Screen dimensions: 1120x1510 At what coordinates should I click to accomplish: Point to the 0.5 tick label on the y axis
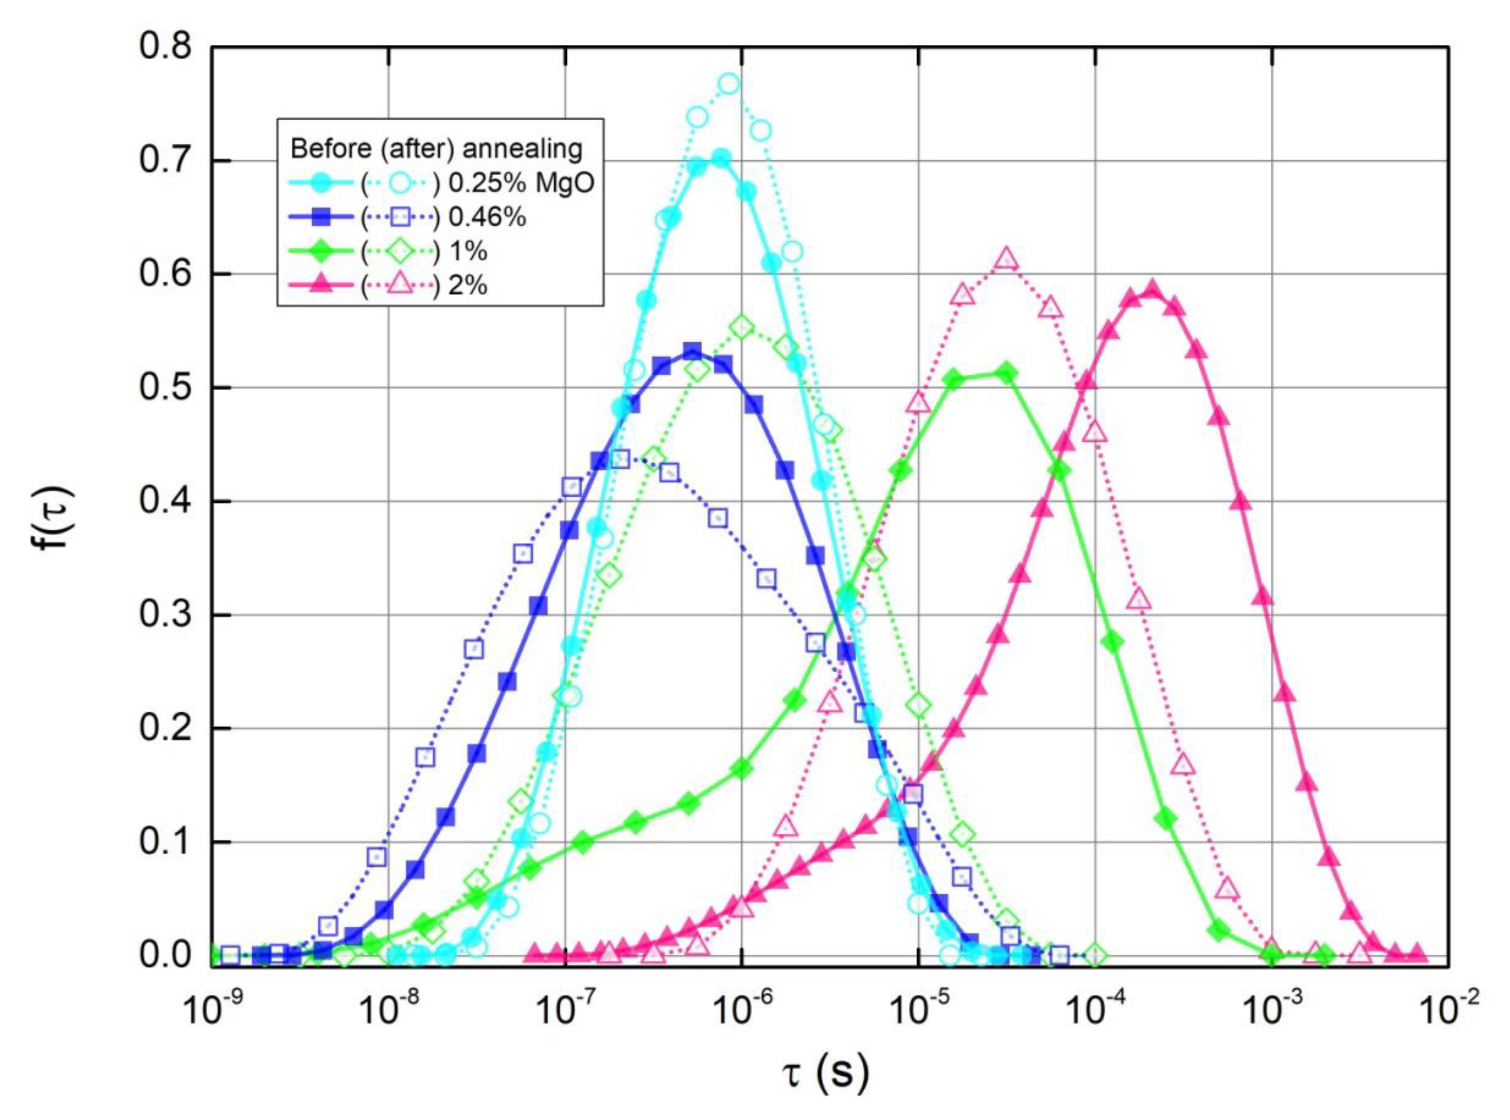[x=165, y=388]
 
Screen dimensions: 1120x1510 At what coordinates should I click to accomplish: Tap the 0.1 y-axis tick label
[x=165, y=843]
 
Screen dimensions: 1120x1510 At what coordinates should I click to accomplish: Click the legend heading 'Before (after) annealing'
[x=436, y=148]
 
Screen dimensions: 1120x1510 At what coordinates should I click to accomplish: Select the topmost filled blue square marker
[x=692, y=351]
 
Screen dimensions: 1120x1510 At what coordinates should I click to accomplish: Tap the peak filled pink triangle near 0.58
[x=1151, y=290]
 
